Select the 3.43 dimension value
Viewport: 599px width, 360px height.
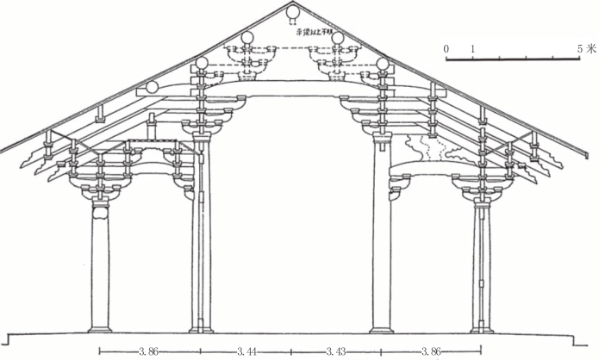(x=337, y=351)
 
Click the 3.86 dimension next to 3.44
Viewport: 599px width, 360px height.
(x=149, y=351)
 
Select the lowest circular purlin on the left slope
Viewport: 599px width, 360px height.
(x=152, y=86)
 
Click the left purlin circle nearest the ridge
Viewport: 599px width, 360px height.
(x=248, y=38)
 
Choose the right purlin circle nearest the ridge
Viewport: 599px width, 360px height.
(x=338, y=38)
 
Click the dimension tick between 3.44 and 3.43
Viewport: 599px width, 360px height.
(x=291, y=351)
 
